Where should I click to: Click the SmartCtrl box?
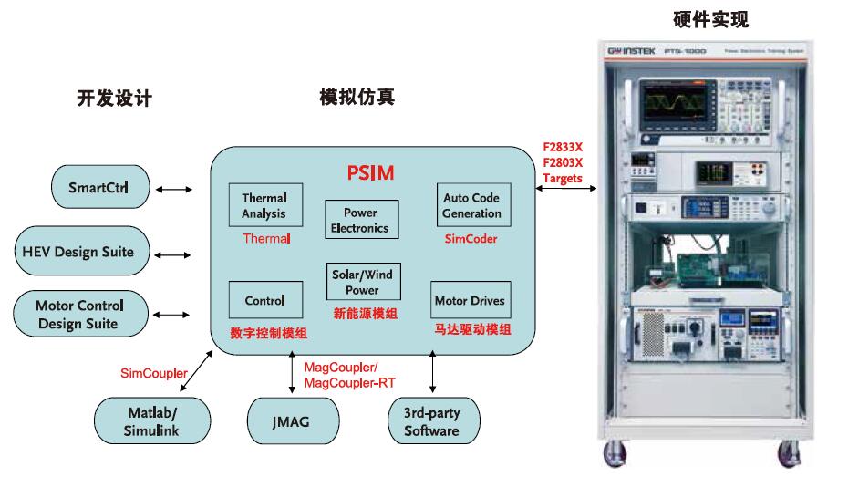pos(97,189)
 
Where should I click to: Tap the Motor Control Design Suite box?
pos(79,315)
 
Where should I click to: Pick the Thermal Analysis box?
pos(264,205)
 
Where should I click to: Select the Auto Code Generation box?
pos(471,205)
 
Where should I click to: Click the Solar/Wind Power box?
pos(362,282)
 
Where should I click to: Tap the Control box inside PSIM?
pos(264,300)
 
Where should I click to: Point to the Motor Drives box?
pos(469,300)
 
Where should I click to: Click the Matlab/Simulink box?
pos(152,421)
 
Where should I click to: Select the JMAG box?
pos(291,421)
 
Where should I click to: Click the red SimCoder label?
pos(471,239)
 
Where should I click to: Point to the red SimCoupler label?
pos(154,373)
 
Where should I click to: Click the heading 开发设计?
pos(114,99)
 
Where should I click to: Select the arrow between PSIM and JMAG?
pos(292,375)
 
